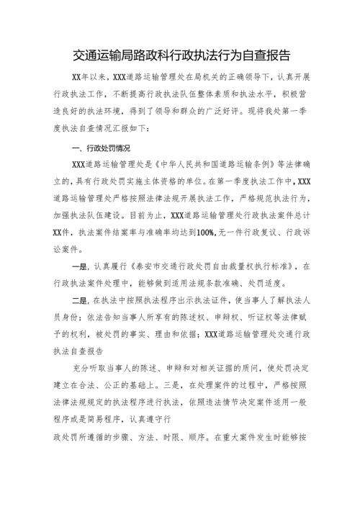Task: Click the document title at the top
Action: (180, 54)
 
